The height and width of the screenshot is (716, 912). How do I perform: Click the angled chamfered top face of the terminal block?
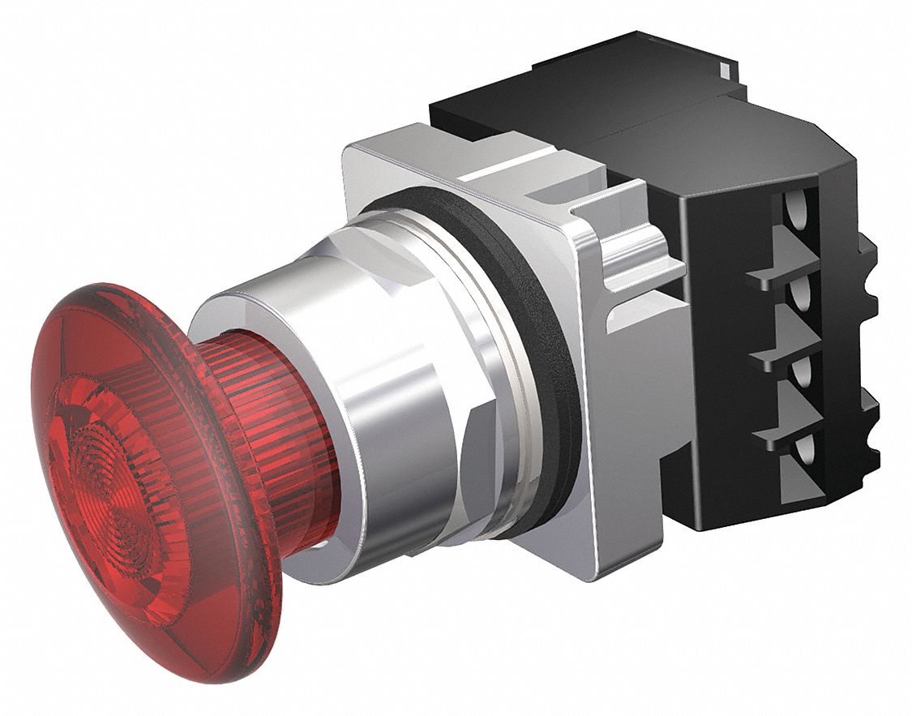730,154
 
